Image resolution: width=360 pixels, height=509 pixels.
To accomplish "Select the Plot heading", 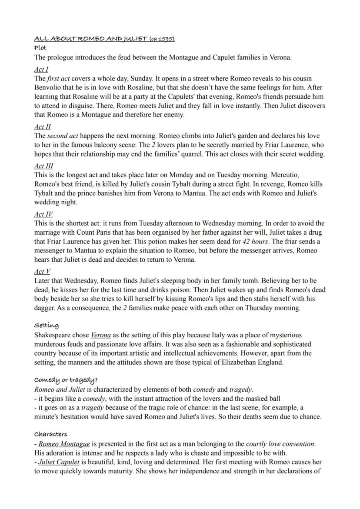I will pos(40,47).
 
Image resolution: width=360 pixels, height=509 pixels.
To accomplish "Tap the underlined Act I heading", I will pos(41,70).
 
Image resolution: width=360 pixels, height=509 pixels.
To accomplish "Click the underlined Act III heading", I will pos(44,166).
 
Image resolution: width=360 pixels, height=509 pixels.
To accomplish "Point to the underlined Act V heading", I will pos(43,272).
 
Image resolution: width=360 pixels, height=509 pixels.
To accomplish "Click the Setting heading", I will pos(47,325).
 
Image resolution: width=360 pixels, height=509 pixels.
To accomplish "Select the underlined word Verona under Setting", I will pos(100,335).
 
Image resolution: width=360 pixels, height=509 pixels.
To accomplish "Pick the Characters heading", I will pos(51,434).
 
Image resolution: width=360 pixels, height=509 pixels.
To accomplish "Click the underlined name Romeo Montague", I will pos(64,444).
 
